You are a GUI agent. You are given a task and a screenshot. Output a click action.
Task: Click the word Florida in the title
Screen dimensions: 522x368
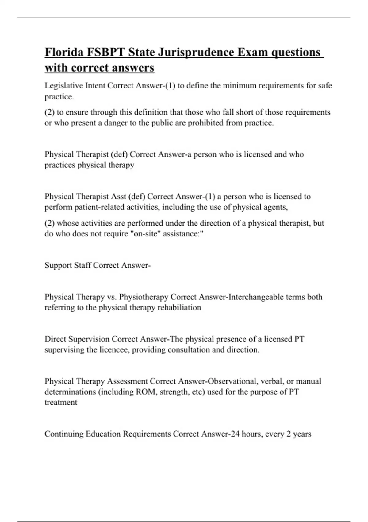point(64,52)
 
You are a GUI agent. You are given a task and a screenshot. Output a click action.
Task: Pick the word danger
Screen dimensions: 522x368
point(117,123)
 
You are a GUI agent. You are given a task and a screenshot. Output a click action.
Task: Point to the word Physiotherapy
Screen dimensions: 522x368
point(144,297)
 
